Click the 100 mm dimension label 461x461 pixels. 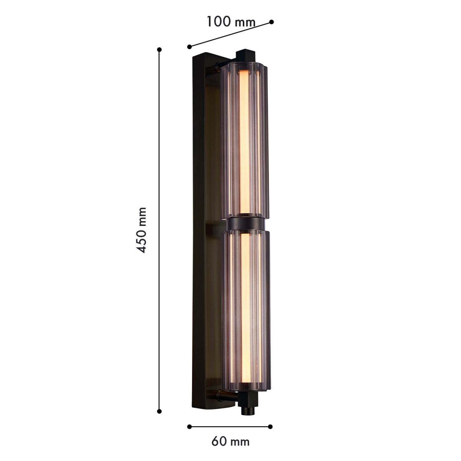230,22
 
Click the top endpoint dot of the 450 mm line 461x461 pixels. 159,50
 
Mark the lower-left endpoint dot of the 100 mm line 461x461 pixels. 189,46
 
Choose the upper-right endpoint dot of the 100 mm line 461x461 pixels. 271,22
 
